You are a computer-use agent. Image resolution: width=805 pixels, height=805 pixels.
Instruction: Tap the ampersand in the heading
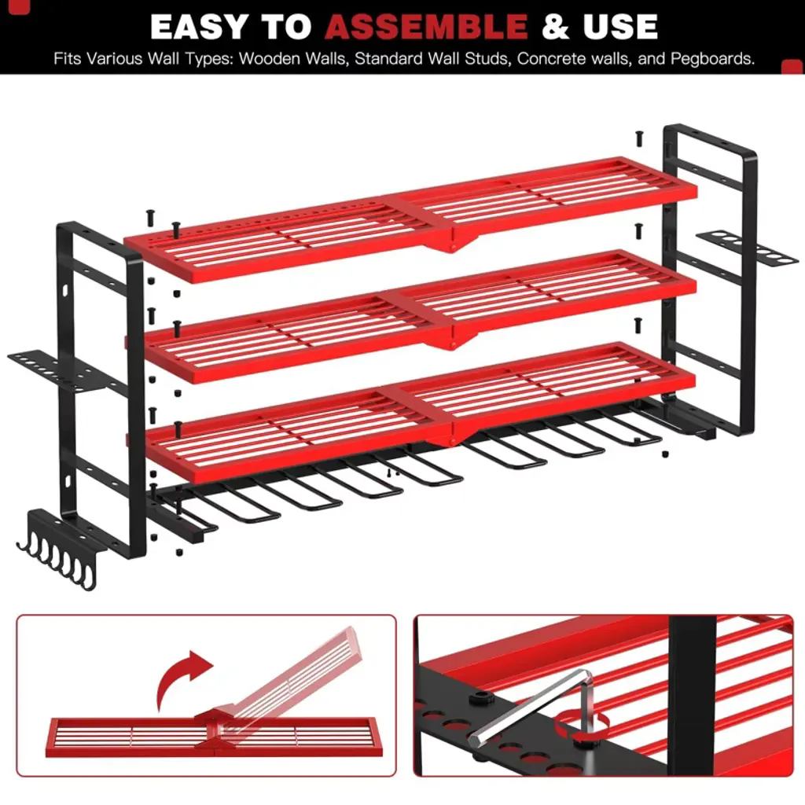[555, 27]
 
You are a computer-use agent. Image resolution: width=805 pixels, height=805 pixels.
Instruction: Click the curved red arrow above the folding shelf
[182, 678]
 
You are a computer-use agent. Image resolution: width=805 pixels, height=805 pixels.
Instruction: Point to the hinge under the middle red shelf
[452, 339]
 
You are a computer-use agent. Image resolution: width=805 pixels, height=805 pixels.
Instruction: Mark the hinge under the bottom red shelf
[452, 436]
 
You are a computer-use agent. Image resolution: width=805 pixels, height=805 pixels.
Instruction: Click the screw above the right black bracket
[639, 138]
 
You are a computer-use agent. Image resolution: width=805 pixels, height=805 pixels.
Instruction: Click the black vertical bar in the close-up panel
[693, 696]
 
